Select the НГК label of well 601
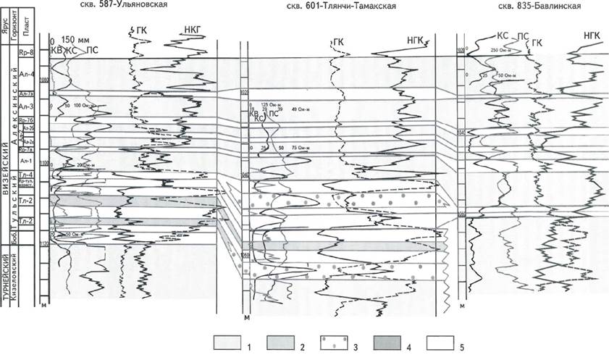point(416,40)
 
